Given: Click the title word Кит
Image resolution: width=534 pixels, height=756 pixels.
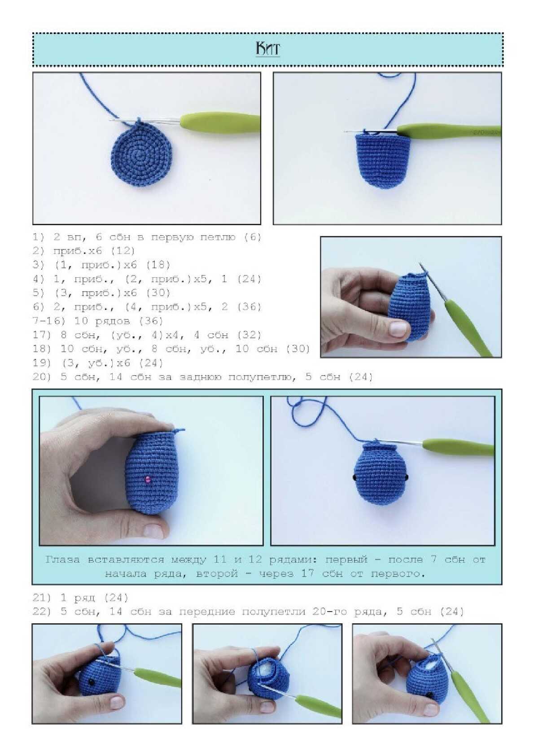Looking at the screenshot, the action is click(x=267, y=49).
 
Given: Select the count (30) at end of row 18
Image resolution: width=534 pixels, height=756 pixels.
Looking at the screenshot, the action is click(x=298, y=349).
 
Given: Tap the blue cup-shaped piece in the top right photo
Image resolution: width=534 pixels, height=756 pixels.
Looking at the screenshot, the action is click(x=383, y=160).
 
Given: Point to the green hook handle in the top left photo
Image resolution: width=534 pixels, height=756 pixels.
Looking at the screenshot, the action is click(x=220, y=123).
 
